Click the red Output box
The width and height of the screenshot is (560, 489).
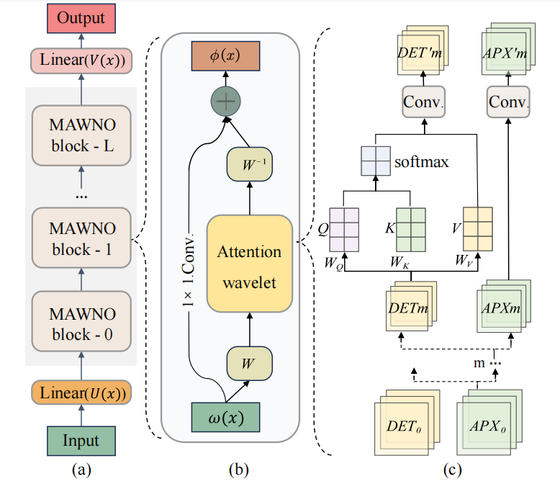tap(81, 17)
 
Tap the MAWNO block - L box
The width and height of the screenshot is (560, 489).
tap(81, 136)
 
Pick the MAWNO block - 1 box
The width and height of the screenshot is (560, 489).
tap(81, 238)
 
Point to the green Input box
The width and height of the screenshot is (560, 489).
tap(81, 440)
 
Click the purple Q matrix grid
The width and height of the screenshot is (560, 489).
tap(344, 226)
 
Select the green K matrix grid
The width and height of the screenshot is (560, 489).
tap(411, 227)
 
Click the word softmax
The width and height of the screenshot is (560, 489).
tap(422, 162)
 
